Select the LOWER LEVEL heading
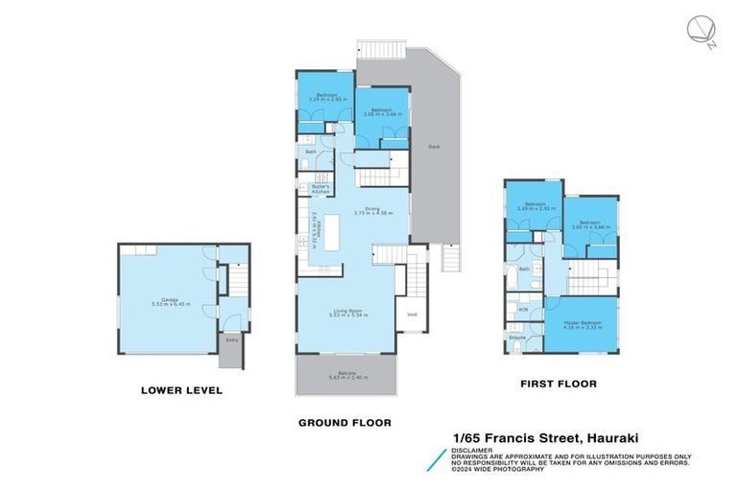point(181,390)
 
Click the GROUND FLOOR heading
point(344,422)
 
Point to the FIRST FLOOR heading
point(558,384)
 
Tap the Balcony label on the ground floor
point(346,375)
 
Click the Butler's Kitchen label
point(320,189)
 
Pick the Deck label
point(433,147)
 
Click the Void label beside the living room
point(411,314)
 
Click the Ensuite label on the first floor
point(517,338)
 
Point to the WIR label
point(523,309)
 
